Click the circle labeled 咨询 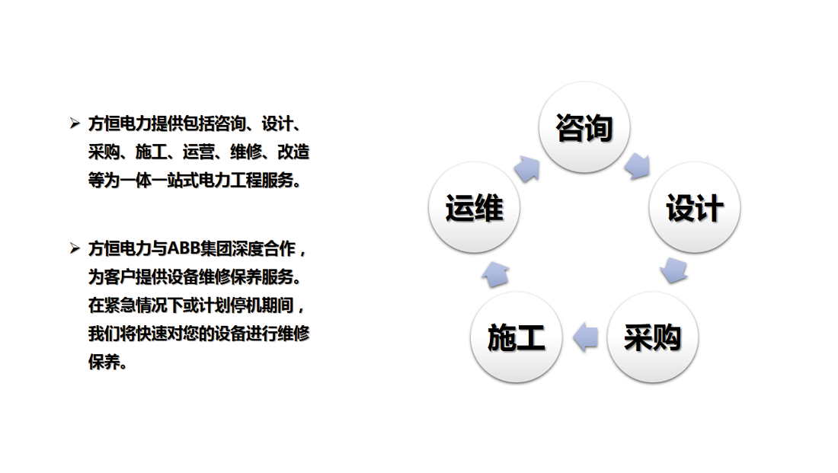tap(584, 127)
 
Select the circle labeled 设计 tap(695, 207)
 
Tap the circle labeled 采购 tap(653, 337)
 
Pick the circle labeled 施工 tap(517, 337)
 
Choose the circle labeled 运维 tap(474, 207)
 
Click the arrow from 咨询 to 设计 tap(637, 166)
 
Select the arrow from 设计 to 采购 tap(673, 270)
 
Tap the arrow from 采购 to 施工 tap(585, 337)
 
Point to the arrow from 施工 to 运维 tap(495, 275)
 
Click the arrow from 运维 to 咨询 tap(527, 169)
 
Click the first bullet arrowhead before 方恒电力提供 tap(75, 123)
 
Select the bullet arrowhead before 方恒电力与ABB tap(75, 248)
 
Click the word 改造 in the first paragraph tap(293, 152)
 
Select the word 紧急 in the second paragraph tap(120, 305)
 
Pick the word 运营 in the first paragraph tap(199, 152)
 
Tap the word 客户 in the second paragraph tap(120, 276)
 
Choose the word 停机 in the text tap(246, 305)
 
